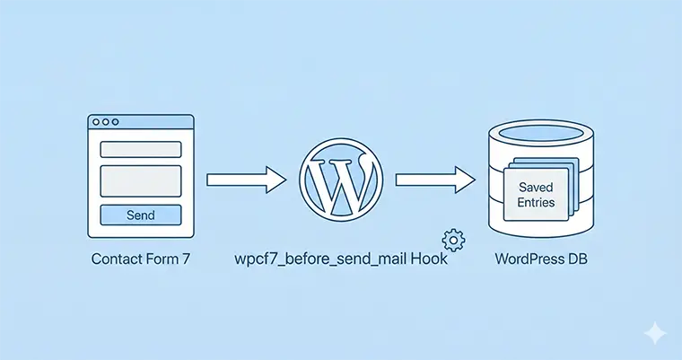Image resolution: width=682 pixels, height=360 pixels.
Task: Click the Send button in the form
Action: point(140,215)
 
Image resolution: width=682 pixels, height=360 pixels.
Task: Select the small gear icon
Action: point(453,241)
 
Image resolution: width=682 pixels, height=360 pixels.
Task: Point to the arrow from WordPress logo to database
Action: point(435,180)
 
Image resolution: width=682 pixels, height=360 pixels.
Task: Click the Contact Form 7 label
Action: point(140,260)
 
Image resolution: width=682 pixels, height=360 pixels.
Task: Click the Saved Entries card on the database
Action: point(537,193)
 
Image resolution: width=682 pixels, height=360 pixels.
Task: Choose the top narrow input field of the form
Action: point(140,149)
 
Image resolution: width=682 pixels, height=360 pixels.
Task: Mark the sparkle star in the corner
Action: point(655,332)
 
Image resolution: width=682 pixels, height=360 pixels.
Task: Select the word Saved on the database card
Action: point(536,186)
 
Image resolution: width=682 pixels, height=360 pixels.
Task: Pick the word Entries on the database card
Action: point(536,202)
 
